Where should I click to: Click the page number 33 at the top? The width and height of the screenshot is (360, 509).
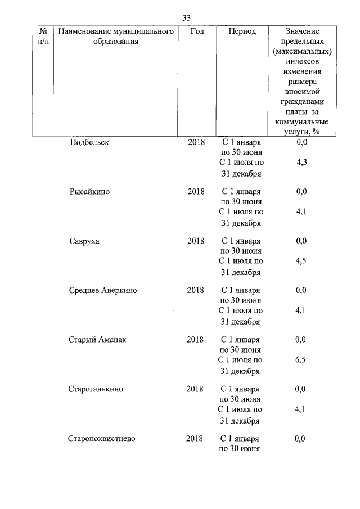click(187, 17)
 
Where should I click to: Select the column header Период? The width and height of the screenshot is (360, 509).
click(242, 31)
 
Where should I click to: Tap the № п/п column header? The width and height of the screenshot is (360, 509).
click(43, 37)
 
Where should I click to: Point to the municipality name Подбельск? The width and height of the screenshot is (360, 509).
click(89, 142)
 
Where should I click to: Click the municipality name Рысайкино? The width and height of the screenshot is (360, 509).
click(89, 191)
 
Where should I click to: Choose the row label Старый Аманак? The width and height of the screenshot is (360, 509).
click(97, 340)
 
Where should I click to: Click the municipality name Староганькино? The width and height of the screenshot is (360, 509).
click(96, 389)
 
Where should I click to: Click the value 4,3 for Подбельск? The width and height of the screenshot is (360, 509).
click(301, 163)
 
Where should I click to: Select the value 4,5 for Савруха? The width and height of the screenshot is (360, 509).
click(301, 262)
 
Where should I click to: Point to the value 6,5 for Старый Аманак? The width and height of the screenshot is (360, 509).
click(301, 361)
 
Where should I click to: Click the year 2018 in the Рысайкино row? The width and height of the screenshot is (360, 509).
click(196, 191)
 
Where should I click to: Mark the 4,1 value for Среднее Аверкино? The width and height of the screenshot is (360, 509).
click(301, 311)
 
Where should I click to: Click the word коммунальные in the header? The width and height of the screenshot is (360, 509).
click(301, 122)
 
